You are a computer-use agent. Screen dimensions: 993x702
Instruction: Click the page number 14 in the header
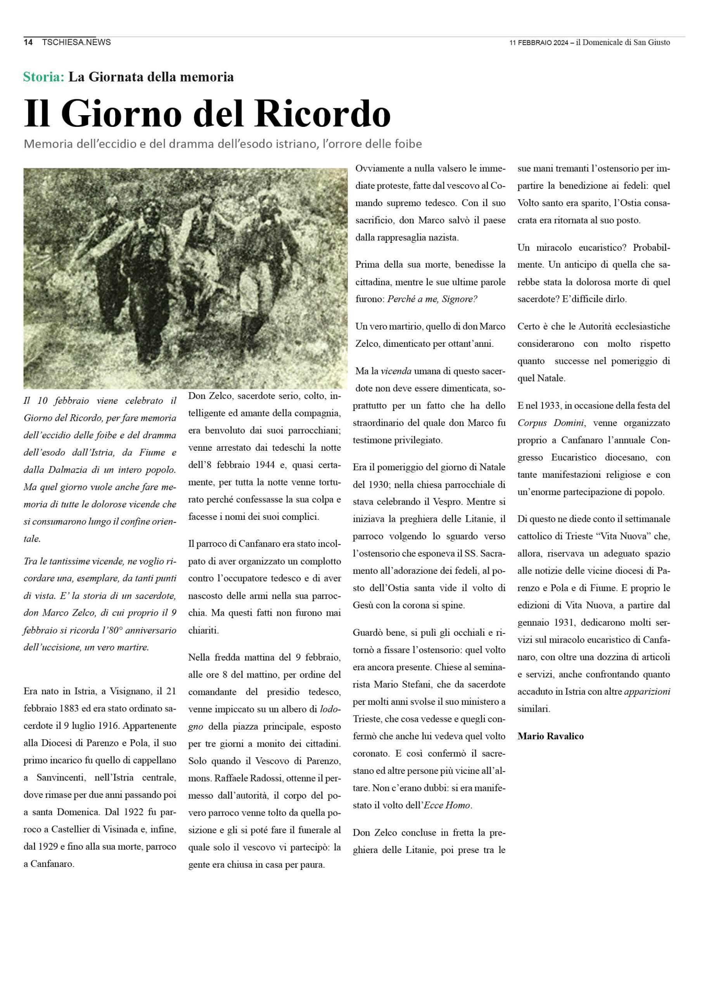[x=28, y=42]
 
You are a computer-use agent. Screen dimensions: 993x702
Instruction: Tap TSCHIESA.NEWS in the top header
[x=76, y=42]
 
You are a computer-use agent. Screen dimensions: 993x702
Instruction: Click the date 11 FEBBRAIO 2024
[x=538, y=42]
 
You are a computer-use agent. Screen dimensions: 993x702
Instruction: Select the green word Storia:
[x=44, y=76]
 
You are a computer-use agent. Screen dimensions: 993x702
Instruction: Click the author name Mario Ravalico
[x=550, y=736]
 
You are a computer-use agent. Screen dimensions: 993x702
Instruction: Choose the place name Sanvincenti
[x=61, y=778]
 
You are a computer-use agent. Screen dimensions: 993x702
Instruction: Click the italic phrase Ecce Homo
[x=447, y=805]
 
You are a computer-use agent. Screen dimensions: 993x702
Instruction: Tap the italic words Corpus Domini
[x=551, y=422]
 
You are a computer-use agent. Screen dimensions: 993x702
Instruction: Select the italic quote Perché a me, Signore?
[x=432, y=299]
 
